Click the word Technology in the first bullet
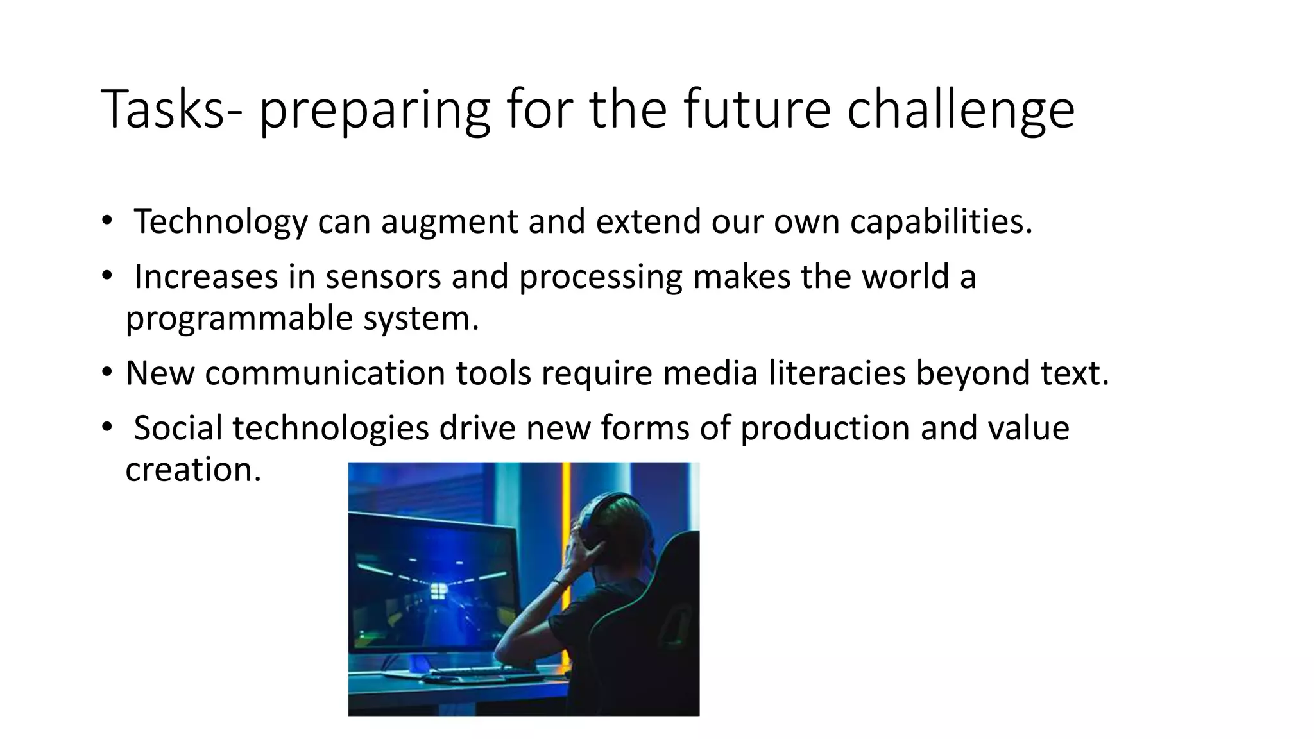221,222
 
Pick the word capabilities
941,222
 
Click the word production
825,429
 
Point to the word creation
193,470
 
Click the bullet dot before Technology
107,221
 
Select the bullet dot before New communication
107,373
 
